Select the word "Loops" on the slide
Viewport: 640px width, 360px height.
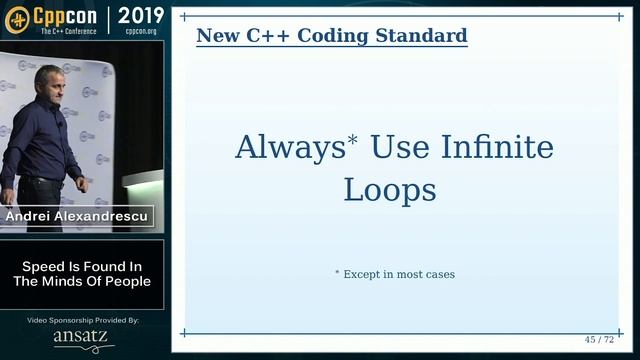pos(390,189)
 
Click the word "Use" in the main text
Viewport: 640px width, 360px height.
pos(400,148)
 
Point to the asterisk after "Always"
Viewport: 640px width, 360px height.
pos(353,140)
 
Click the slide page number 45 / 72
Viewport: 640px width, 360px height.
pos(600,340)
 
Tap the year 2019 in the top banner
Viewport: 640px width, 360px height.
pos(141,15)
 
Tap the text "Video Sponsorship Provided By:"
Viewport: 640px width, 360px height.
pos(83,320)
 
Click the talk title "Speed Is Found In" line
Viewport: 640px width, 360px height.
pos(82,266)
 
